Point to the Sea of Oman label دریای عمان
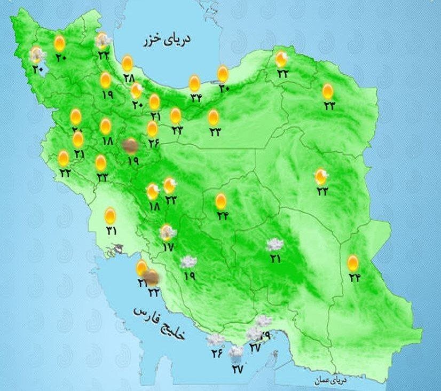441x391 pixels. pyautogui.click(x=330, y=381)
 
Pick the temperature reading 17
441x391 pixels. pyautogui.click(x=169, y=247)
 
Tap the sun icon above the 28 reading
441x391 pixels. pyautogui.click(x=127, y=64)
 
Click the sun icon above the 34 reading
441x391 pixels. pyautogui.click(x=195, y=84)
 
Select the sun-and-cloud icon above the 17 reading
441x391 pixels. pyautogui.click(x=168, y=232)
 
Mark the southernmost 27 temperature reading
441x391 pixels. pyautogui.click(x=237, y=368)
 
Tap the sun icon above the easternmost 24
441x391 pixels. pyautogui.click(x=352, y=262)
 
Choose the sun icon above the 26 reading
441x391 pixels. pyautogui.click(x=153, y=128)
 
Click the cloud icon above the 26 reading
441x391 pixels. pyautogui.click(x=215, y=339)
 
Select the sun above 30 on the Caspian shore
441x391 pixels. pyautogui.click(x=223, y=74)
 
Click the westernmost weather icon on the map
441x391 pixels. pyautogui.click(x=37, y=54)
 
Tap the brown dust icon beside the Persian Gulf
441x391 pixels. pyautogui.click(x=152, y=277)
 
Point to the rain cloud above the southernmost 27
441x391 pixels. pyautogui.click(x=235, y=353)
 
